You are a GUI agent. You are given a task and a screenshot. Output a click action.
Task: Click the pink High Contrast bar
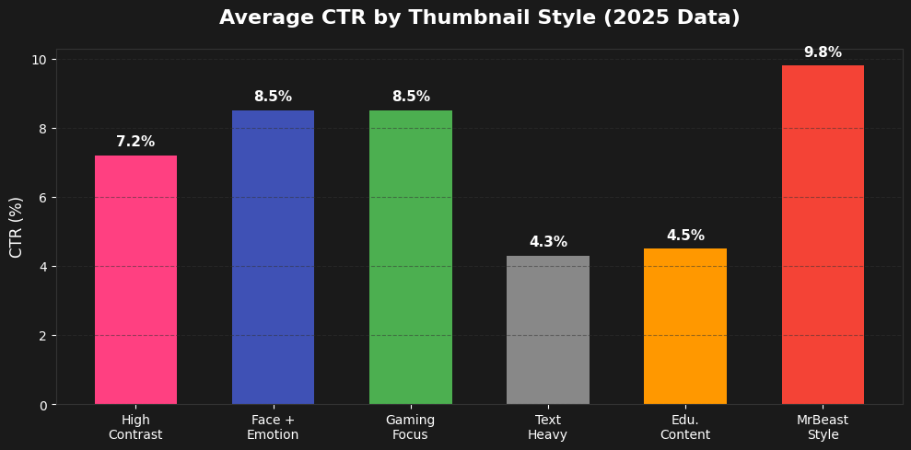(135, 280)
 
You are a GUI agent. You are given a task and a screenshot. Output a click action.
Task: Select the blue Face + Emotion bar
(273, 258)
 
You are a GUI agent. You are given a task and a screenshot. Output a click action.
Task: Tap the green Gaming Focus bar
(410, 258)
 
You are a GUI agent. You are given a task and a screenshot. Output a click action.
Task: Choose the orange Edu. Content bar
(684, 326)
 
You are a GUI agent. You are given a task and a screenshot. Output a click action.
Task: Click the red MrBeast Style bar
(823, 235)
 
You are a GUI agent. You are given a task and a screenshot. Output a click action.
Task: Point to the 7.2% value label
(135, 142)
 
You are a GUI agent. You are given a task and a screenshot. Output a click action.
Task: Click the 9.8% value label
(823, 52)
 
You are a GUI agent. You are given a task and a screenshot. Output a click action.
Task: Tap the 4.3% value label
(547, 242)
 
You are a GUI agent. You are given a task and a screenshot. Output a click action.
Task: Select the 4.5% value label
(684, 236)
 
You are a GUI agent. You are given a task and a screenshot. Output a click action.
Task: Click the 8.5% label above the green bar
(410, 97)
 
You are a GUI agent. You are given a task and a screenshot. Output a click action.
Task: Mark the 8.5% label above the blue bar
(273, 97)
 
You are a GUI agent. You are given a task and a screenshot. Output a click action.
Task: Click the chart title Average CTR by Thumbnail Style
(479, 18)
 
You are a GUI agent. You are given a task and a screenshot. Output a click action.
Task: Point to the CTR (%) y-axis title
(17, 226)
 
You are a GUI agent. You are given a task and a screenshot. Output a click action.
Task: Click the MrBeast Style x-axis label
(823, 427)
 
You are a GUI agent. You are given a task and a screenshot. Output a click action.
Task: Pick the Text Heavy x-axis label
(547, 427)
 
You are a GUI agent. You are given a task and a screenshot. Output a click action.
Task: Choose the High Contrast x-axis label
(135, 427)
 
